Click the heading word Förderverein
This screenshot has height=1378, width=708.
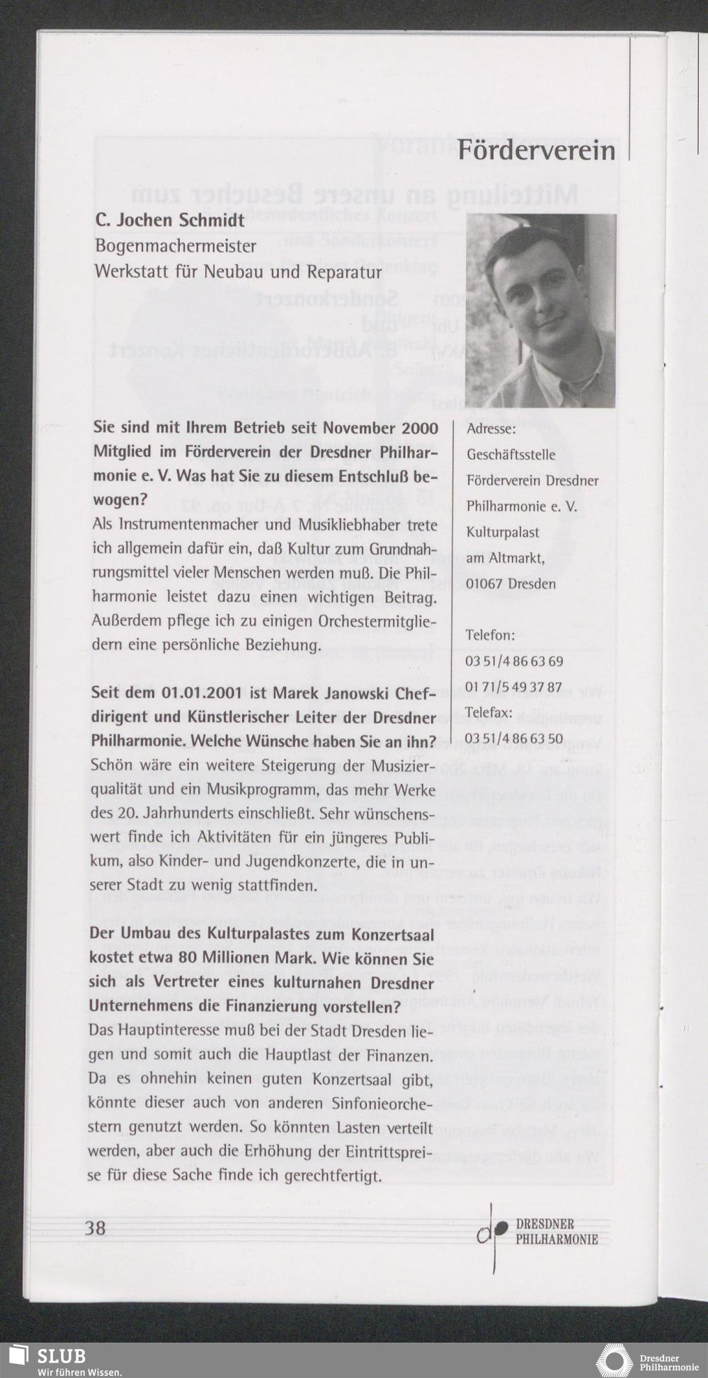click(x=536, y=151)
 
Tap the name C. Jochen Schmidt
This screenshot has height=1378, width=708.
click(x=170, y=220)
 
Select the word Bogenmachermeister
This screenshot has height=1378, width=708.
click(x=176, y=246)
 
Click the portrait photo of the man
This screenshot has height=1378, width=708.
click(x=540, y=311)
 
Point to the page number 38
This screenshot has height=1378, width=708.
click(x=96, y=1227)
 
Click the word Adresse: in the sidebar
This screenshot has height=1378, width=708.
click(x=491, y=429)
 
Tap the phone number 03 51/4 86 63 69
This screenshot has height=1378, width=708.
click(x=514, y=661)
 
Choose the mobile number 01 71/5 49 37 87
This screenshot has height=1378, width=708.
click(x=513, y=687)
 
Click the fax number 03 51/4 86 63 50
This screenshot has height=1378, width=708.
click(x=514, y=739)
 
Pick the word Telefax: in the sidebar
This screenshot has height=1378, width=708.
click(x=488, y=713)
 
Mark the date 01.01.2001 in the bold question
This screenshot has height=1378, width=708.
click(x=201, y=692)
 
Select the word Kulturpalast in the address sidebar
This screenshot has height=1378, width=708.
click(x=503, y=532)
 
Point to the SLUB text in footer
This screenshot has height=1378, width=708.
click(x=62, y=1355)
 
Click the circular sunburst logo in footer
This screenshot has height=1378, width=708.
click(x=615, y=1359)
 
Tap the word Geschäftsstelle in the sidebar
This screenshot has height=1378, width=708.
click(x=510, y=455)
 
